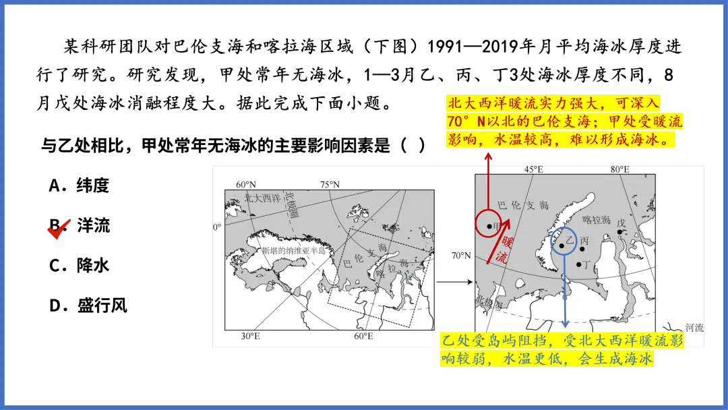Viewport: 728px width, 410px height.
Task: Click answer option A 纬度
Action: pyautogui.click(x=79, y=185)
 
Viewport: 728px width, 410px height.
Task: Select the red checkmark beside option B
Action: pyautogui.click(x=59, y=229)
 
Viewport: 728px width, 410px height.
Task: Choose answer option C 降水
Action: pyautogui.click(x=79, y=266)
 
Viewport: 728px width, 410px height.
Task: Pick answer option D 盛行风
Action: pyautogui.click(x=88, y=305)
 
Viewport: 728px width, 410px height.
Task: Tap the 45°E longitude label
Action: pyautogui.click(x=533, y=169)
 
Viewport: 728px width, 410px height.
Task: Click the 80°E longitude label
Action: pyautogui.click(x=620, y=169)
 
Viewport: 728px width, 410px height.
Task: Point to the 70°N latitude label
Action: pyautogui.click(x=461, y=256)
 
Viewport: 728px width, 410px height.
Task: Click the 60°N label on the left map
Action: pyautogui.click(x=245, y=184)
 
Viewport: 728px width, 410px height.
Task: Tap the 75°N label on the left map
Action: pyautogui.click(x=330, y=184)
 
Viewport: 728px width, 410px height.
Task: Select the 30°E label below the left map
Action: pyautogui.click(x=250, y=336)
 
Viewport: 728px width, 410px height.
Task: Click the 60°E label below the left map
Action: pyautogui.click(x=363, y=336)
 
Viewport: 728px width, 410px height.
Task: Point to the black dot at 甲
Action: pyautogui.click(x=489, y=227)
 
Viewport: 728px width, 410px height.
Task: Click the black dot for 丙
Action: pyautogui.click(x=582, y=249)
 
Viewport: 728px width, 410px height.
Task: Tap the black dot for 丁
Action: pyautogui.click(x=578, y=264)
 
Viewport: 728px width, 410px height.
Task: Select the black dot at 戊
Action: pyautogui.click(x=619, y=232)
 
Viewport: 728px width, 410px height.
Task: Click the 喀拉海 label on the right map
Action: pyautogui.click(x=597, y=220)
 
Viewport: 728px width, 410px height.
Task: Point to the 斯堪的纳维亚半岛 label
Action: pyautogui.click(x=293, y=251)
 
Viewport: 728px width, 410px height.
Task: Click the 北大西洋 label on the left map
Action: pyautogui.click(x=262, y=199)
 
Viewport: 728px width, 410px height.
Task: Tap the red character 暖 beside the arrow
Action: pyautogui.click(x=507, y=242)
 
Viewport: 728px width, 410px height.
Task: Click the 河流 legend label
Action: pyautogui.click(x=694, y=328)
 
